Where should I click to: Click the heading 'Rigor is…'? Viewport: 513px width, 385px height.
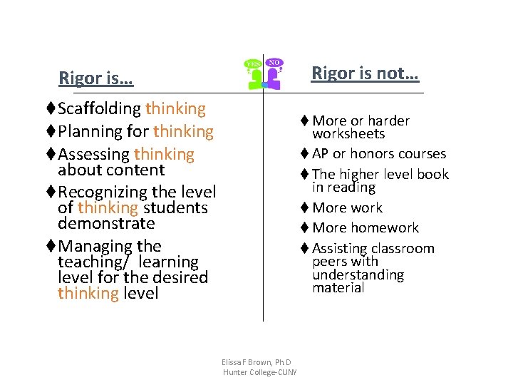coord(95,78)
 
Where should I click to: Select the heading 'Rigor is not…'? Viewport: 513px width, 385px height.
coord(366,73)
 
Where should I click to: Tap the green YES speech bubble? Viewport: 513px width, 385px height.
coord(253,65)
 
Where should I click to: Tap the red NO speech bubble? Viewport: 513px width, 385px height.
coord(274,63)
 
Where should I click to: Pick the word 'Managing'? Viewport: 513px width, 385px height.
coord(90,247)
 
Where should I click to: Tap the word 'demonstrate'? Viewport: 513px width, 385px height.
coord(106,223)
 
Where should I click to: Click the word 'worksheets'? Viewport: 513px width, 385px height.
coord(348,134)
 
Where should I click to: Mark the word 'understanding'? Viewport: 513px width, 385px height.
coord(358,275)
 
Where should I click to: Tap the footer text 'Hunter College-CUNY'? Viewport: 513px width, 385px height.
coord(259,372)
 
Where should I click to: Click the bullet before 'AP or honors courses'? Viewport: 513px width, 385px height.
coord(304,154)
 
